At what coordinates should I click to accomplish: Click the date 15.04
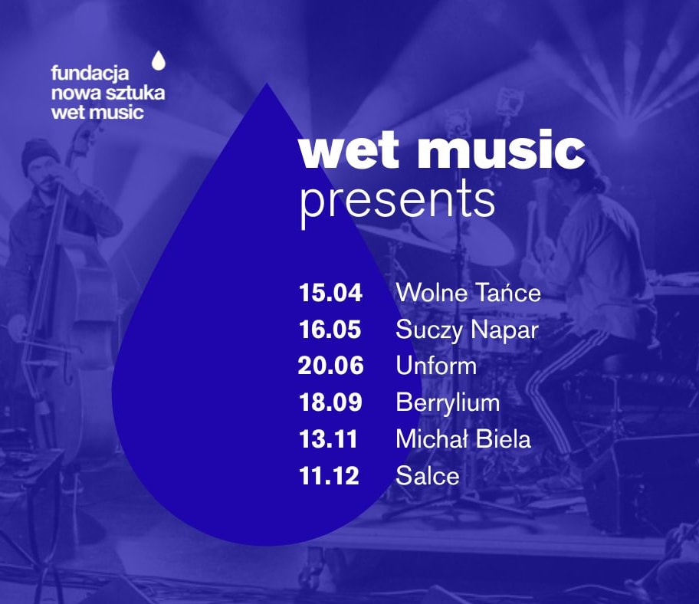330,293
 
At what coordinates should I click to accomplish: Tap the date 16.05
330,330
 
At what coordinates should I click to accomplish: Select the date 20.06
331,366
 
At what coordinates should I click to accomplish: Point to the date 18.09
330,402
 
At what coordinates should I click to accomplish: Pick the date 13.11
329,439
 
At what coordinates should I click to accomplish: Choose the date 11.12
329,476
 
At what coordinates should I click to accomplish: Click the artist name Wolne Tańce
468,293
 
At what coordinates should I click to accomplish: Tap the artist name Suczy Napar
468,331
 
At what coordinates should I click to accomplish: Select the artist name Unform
436,366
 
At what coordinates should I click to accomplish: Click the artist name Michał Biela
463,439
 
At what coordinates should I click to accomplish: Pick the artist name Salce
428,476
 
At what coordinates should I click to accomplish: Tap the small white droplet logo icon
159,61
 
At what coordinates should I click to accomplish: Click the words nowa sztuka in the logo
108,93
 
